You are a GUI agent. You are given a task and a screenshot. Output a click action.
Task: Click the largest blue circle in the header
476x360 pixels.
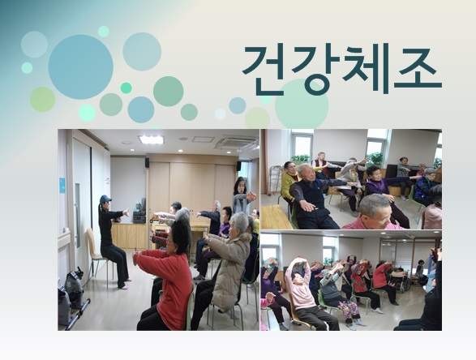click(x=80, y=66)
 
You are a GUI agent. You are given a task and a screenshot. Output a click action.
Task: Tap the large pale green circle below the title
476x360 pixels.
click(x=301, y=104)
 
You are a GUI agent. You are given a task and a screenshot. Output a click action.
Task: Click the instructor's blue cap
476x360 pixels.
click(x=105, y=199)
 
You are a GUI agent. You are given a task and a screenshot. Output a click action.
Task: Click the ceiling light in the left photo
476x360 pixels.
click(x=151, y=139)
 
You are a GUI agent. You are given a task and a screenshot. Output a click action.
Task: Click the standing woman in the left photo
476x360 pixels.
click(x=241, y=195)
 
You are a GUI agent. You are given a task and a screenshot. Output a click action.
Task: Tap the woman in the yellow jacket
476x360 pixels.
click(x=289, y=182)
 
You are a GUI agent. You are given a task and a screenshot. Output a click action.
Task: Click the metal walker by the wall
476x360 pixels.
click(x=275, y=182)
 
